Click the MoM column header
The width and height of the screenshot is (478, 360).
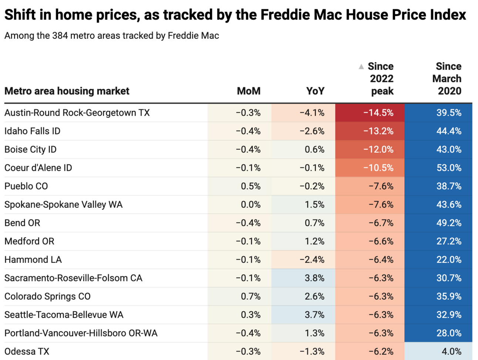click(249, 91)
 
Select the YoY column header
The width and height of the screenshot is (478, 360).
click(315, 91)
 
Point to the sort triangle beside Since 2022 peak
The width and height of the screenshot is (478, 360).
click(361, 67)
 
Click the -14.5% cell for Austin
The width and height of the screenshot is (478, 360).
click(378, 113)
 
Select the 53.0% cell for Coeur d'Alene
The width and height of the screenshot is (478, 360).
click(448, 168)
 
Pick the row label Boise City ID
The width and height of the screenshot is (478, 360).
click(30, 149)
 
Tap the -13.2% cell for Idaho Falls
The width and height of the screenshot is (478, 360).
click(378, 131)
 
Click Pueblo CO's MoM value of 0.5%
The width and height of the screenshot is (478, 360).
click(250, 186)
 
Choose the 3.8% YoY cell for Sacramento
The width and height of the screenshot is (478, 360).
click(314, 278)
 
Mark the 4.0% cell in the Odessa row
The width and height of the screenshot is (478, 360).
click(451, 351)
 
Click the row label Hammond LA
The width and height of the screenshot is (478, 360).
click(33, 259)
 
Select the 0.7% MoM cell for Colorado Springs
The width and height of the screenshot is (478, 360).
click(250, 296)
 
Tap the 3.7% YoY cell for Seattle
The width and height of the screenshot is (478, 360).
click(314, 315)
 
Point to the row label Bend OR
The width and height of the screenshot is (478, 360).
click(22, 223)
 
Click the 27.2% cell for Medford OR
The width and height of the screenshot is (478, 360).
click(448, 241)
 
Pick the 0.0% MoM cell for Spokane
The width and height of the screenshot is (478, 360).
click(250, 205)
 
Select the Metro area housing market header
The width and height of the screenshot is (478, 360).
click(67, 91)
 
